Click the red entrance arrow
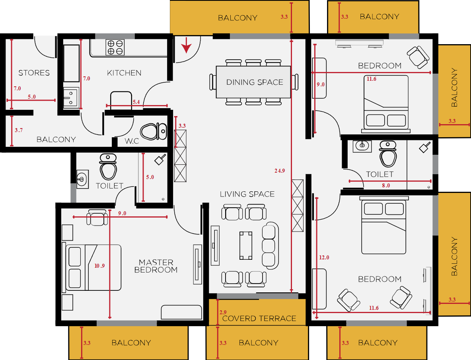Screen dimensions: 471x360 [187, 45]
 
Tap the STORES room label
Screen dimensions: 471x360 [34, 73]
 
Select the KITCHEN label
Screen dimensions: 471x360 [124, 73]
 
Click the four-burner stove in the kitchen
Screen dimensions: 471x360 [115, 47]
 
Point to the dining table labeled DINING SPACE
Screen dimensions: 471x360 [253, 82]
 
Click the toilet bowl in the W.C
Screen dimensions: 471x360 [154, 132]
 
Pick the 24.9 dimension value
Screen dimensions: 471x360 [280, 171]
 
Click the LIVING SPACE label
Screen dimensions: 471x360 [247, 194]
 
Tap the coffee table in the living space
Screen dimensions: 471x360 [246, 245]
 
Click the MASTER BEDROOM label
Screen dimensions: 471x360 [156, 266]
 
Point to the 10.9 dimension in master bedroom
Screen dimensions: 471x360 [99, 266]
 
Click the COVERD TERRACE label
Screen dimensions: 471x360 [259, 319]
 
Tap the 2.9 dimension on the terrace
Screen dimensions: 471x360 [223, 312]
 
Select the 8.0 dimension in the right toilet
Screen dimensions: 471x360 [386, 185]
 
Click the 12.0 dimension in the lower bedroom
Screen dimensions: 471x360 [324, 257]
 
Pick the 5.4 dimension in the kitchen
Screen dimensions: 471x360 [136, 102]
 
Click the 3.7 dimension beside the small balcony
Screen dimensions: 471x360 [19, 130]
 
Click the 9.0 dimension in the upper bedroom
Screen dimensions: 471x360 [321, 85]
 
